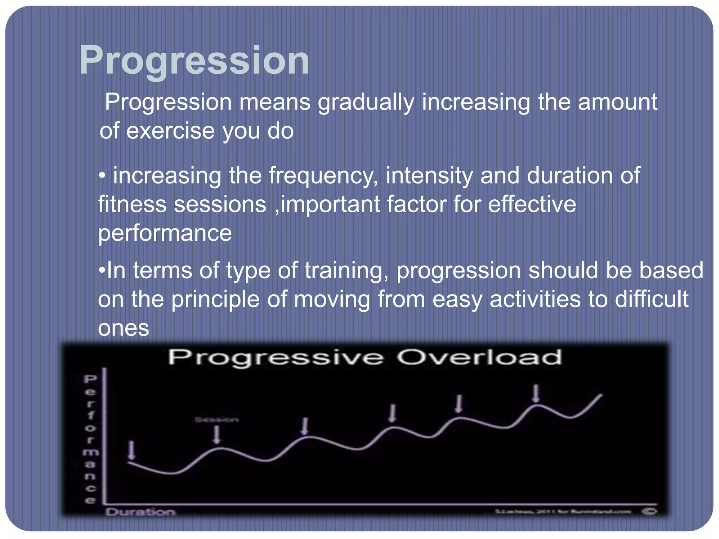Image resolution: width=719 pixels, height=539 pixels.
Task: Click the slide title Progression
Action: click(194, 61)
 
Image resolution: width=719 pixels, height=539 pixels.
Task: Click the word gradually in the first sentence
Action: click(366, 103)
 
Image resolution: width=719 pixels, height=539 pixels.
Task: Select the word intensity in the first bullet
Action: click(429, 176)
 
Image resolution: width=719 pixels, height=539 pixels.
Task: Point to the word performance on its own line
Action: click(165, 233)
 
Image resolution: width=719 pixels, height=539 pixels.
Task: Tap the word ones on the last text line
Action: click(123, 328)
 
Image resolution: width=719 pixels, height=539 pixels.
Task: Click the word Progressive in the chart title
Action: click(276, 358)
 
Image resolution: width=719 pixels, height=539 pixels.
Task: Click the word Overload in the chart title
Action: click(479, 358)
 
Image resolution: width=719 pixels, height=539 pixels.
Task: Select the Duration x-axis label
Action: click(140, 512)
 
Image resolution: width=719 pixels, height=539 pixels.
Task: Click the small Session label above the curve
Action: click(217, 420)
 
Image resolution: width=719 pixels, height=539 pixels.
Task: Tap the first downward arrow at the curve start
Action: click(132, 450)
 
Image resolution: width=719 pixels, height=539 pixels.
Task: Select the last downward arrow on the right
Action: click(536, 393)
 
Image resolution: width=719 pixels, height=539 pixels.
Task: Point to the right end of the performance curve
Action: click(601, 395)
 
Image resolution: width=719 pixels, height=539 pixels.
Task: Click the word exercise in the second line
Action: click(170, 131)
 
